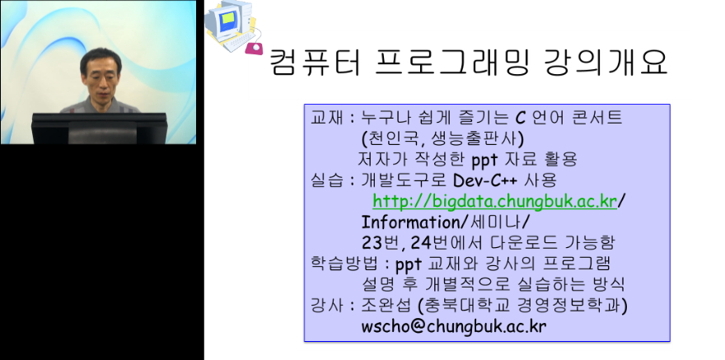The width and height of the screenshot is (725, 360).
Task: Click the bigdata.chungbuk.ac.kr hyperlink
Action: tap(494, 201)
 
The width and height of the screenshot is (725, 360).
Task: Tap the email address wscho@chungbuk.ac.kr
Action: tap(453, 325)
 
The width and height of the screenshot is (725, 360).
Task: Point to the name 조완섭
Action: tap(387, 305)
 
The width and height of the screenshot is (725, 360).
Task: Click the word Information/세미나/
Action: tap(446, 222)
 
